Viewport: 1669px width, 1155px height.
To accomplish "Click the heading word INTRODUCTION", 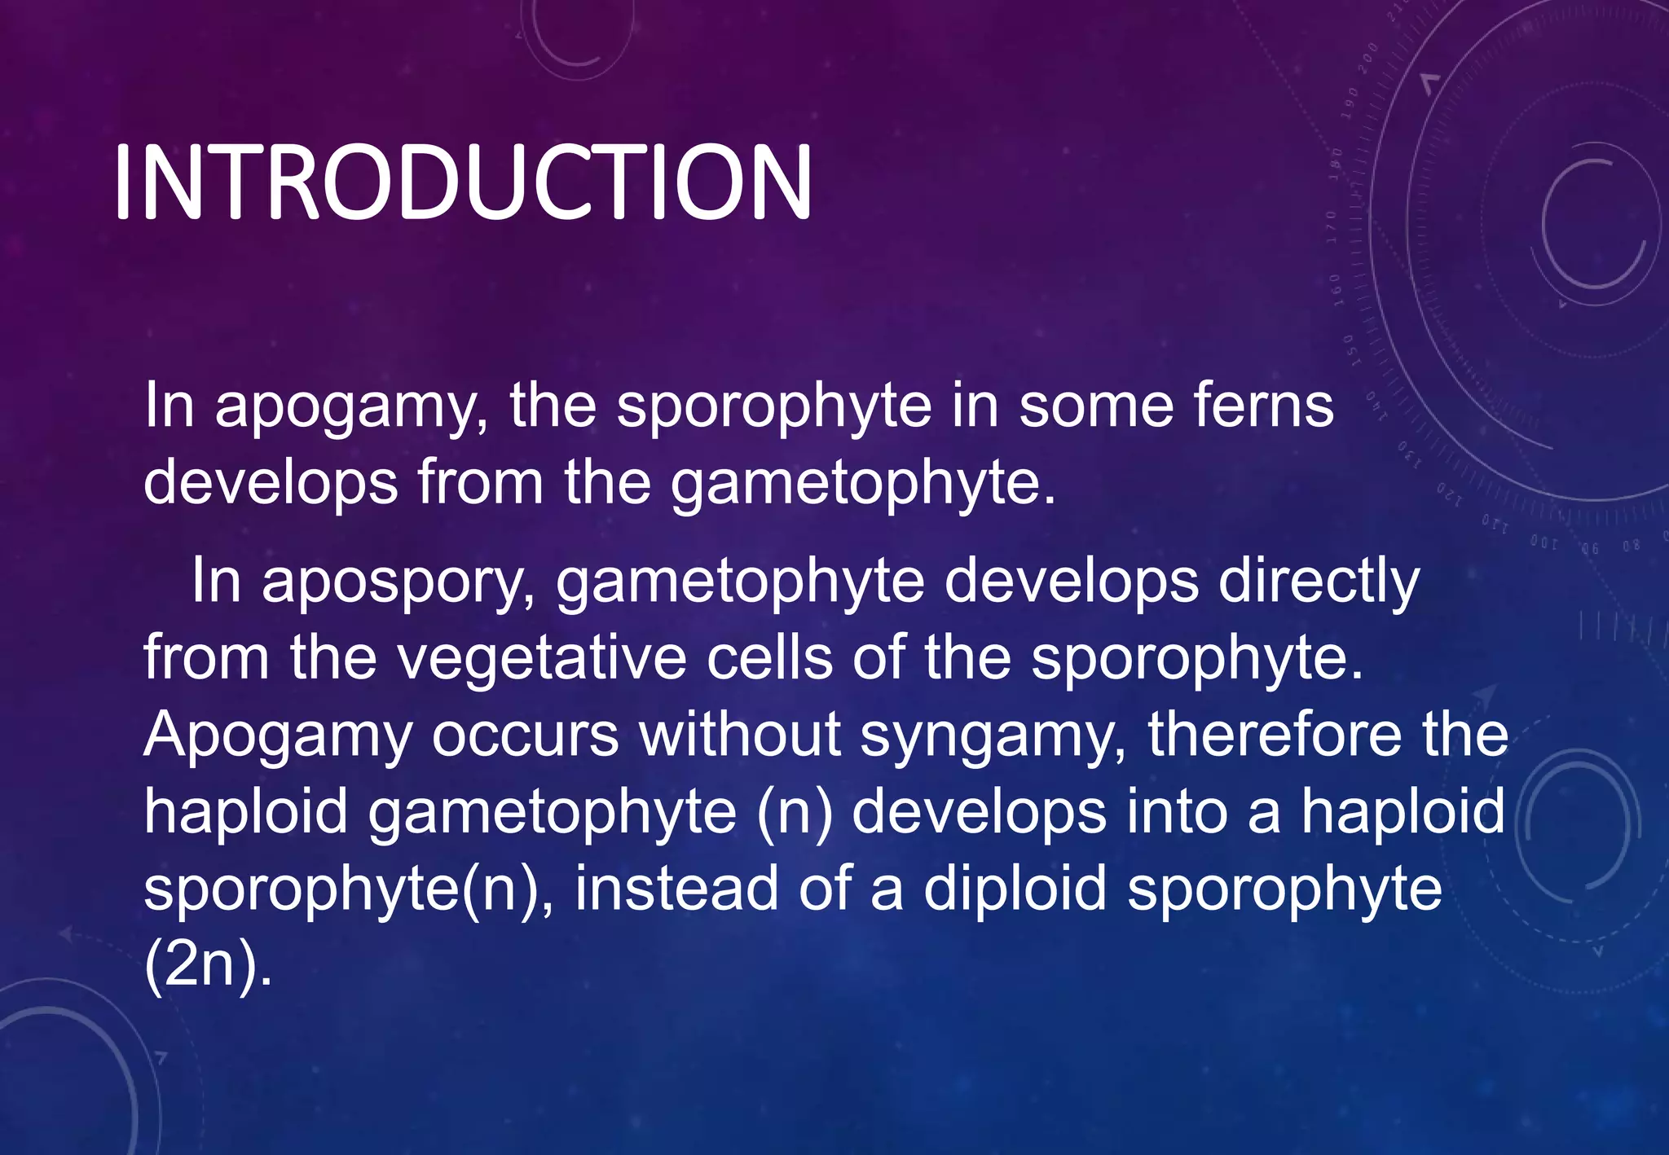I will pyautogui.click(x=462, y=182).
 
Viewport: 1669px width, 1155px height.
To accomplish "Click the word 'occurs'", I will pyautogui.click(x=526, y=736).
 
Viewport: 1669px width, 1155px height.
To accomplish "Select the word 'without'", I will pyautogui.click(x=740, y=736).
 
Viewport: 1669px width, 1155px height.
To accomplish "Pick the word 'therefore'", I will pyautogui.click(x=1275, y=736).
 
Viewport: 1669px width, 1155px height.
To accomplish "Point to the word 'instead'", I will pyautogui.click(x=676, y=889).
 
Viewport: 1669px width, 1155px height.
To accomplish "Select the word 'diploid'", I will pyautogui.click(x=1015, y=890).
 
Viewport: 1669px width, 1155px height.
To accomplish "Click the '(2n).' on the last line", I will pyautogui.click(x=208, y=966).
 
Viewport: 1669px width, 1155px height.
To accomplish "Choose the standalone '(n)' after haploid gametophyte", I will pyautogui.click(x=795, y=813).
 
